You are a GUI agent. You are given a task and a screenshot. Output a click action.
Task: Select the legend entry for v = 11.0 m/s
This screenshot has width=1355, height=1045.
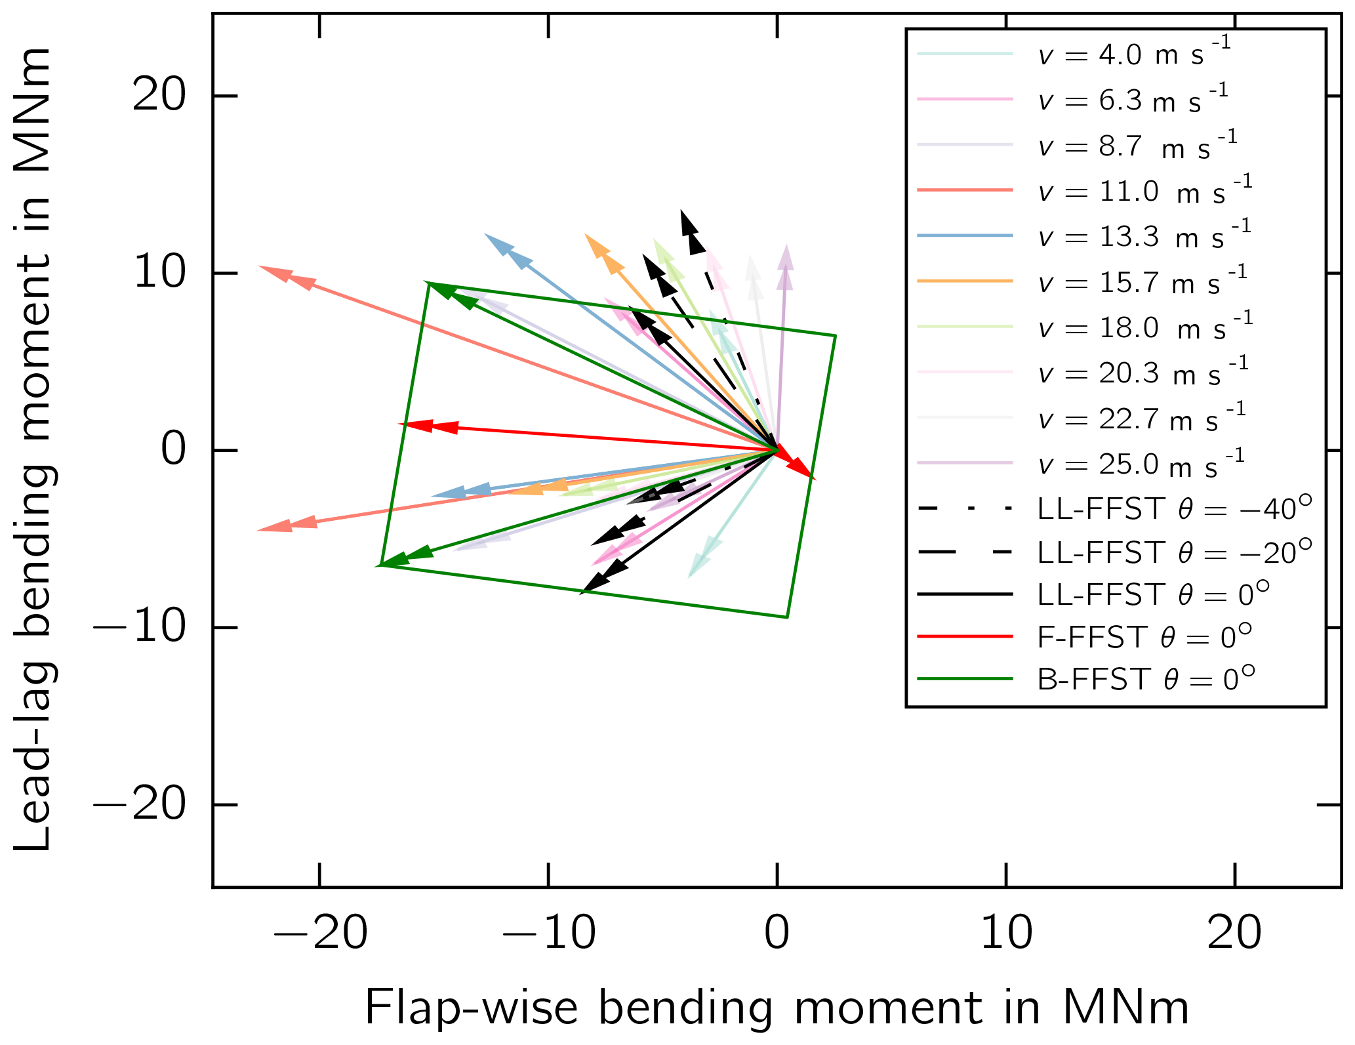point(1144,192)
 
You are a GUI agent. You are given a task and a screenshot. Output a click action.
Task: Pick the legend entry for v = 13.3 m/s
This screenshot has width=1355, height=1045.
point(1144,237)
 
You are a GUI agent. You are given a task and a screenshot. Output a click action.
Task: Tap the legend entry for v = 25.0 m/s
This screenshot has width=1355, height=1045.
point(1141,464)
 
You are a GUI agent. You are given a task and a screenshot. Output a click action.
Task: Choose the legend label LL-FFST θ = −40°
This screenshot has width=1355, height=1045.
point(1175,509)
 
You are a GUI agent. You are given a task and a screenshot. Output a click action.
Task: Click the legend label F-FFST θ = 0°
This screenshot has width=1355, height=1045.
point(1144,637)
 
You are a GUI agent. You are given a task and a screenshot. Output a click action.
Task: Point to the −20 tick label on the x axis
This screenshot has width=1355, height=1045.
point(319,933)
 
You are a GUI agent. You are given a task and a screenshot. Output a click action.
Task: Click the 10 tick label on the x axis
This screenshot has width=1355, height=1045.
point(1006,933)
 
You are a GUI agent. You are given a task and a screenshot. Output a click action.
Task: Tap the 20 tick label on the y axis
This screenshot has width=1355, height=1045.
point(159,96)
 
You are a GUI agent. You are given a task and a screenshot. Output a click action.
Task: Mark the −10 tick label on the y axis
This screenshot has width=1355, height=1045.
point(140,628)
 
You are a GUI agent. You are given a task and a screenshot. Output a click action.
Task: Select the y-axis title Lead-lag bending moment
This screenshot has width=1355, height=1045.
point(33,449)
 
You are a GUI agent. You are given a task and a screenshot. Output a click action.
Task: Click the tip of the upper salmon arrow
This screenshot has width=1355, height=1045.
point(258,266)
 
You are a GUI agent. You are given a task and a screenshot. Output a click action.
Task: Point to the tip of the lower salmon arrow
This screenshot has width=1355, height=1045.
point(258,529)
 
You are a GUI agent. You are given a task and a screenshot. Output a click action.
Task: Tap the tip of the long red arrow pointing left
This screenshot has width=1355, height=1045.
point(399,424)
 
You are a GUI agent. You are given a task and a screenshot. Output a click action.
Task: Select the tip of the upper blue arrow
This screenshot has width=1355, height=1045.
point(485,234)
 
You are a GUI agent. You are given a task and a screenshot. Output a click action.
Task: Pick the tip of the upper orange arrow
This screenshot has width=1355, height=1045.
point(585,234)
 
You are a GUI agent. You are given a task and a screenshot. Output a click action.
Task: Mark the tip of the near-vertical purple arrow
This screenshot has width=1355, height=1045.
point(786,245)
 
